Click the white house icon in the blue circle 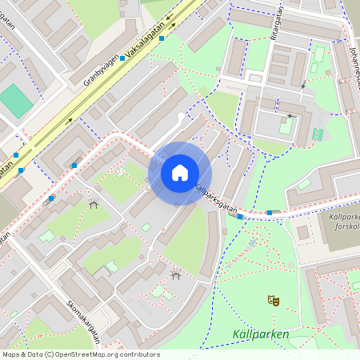[x=180, y=173]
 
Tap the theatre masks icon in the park [x=274, y=301]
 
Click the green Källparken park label [x=260, y=334]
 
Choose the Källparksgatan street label [x=217, y=197]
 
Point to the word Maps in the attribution [x=11, y=354]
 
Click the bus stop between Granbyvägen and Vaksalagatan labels [x=122, y=58]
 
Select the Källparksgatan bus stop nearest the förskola [x=270, y=213]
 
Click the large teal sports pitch [x=15, y=101]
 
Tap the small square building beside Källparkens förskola [x=303, y=233]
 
